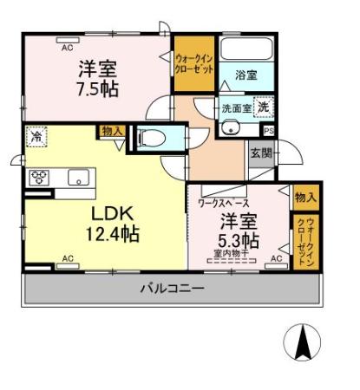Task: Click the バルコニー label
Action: (173, 288)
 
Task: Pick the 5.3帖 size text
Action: (238, 238)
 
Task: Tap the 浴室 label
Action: (246, 76)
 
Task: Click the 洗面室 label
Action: (235, 110)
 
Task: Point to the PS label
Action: (268, 131)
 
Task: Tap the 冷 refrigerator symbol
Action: (37, 135)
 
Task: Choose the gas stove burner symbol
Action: (39, 179)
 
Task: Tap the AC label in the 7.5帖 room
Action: (66, 48)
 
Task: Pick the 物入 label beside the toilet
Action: (113, 130)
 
